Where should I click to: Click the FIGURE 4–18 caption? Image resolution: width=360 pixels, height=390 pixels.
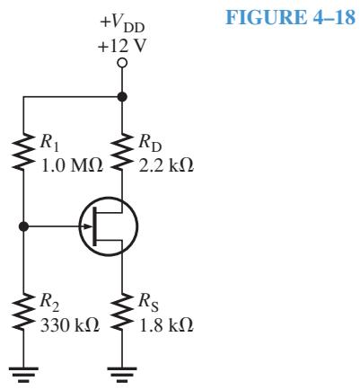tap(290, 17)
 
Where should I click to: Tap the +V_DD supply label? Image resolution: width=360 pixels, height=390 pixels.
tap(122, 24)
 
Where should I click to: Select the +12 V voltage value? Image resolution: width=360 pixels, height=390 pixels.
tap(122, 47)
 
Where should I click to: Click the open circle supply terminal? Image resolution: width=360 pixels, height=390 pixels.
tap(122, 63)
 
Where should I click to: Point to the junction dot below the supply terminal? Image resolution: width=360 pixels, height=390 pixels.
tap(122, 97)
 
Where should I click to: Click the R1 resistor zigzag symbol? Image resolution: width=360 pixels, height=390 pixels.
tap(23, 152)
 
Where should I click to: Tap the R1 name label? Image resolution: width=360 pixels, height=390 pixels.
tap(49, 143)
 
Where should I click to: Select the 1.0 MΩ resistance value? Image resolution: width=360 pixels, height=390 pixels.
tap(73, 165)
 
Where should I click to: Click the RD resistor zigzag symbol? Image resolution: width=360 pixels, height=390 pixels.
tap(122, 152)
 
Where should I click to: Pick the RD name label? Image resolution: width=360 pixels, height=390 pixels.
tap(150, 143)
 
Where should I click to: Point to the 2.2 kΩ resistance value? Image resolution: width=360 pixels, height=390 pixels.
tap(166, 165)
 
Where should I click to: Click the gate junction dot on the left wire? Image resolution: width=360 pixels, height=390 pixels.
tap(23, 226)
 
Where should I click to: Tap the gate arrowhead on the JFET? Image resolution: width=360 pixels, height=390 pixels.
tap(87, 226)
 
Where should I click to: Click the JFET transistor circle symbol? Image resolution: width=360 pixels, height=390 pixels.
tap(109, 197)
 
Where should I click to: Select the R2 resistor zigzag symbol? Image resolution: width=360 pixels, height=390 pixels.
tap(23, 311)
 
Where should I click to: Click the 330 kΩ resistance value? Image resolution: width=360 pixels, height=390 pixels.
tap(70, 325)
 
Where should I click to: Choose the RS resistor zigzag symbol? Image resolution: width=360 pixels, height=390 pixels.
tap(122, 311)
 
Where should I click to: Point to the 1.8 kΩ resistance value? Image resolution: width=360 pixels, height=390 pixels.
tap(166, 325)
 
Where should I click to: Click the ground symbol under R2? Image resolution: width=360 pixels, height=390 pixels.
tap(23, 375)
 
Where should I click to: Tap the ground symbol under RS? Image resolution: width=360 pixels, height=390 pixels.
tap(122, 375)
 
